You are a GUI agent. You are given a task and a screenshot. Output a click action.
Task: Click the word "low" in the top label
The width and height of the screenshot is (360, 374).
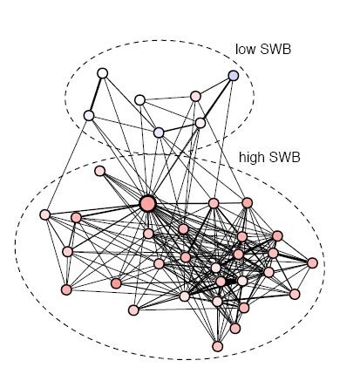tap(245, 49)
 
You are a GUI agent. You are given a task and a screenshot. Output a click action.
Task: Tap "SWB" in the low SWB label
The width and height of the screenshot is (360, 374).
tap(275, 49)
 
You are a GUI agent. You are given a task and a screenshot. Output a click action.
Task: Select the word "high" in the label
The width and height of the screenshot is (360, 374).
tap(252, 157)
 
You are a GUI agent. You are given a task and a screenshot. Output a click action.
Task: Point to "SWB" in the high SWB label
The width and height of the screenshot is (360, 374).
tap(285, 157)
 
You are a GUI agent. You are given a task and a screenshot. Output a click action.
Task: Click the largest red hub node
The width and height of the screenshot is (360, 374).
tap(148, 204)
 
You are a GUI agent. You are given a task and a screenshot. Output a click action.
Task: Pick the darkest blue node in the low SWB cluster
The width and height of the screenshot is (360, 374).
tap(234, 76)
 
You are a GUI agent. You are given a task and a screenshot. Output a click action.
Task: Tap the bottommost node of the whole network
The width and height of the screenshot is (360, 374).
tap(217, 346)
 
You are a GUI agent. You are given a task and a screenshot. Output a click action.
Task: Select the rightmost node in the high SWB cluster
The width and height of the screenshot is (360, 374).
tap(312, 263)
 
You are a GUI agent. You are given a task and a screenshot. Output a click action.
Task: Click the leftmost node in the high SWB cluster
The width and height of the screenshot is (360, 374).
tap(45, 214)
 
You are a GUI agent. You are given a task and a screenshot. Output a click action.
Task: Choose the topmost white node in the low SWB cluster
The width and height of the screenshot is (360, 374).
tap(103, 73)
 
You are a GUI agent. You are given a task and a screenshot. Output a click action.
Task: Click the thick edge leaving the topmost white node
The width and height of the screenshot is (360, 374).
tap(96, 94)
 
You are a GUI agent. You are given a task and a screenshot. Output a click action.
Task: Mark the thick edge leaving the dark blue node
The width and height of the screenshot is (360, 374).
tap(217, 99)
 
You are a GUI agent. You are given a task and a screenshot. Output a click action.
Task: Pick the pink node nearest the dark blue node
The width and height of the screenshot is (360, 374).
tap(195, 96)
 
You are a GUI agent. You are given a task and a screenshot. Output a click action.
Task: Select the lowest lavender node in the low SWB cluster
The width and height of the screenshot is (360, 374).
tap(159, 133)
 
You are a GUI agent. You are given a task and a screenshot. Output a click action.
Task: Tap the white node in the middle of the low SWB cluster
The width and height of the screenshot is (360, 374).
tap(140, 100)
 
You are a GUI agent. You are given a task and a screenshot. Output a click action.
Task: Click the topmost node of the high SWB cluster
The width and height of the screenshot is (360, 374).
tap(99, 171)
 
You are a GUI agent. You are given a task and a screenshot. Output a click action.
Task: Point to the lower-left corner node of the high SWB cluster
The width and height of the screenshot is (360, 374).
tap(66, 289)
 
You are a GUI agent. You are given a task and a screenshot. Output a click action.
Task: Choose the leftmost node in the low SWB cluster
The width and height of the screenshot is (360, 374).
tap(89, 116)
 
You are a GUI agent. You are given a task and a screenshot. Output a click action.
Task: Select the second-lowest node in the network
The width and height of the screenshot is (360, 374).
tap(235, 329)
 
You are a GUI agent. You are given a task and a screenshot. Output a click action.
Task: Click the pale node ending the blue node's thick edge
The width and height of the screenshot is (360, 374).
tap(200, 123)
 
